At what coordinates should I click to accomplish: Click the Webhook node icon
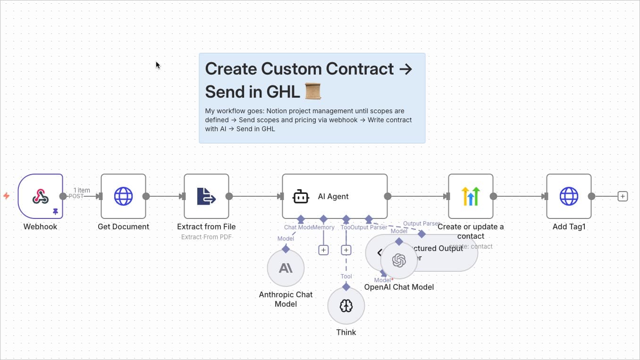[41, 196]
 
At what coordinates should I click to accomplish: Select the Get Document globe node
[123, 196]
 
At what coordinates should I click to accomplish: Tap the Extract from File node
[206, 196]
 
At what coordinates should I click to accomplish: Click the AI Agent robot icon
[301, 197]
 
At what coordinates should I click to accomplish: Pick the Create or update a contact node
[471, 196]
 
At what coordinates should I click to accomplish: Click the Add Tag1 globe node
[569, 196]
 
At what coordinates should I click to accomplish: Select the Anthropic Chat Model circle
[286, 268]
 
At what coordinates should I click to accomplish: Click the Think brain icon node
[346, 306]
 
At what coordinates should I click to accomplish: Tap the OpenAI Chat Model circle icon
[399, 260]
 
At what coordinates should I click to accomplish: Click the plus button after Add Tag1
[623, 196]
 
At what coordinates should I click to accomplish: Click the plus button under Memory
[323, 250]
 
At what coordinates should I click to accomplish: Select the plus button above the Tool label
[346, 250]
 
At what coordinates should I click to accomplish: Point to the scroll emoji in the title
[313, 91]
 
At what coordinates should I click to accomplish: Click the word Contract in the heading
[363, 69]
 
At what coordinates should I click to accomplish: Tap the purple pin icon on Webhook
[55, 212]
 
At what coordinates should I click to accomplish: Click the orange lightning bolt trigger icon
[7, 196]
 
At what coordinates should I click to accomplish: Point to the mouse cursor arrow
[158, 65]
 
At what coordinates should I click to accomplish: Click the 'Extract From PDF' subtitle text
[206, 237]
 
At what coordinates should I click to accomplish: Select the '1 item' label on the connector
[82, 190]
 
